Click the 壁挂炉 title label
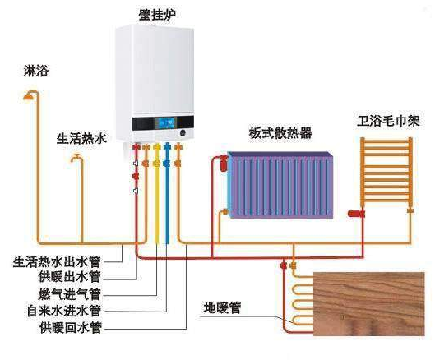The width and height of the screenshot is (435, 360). pyautogui.click(x=157, y=15)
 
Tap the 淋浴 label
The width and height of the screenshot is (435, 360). pyautogui.click(x=36, y=71)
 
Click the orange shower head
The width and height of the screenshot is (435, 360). pyautogui.click(x=28, y=96)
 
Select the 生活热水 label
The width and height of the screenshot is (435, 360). pyautogui.click(x=81, y=138)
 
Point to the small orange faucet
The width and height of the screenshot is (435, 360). pyautogui.click(x=76, y=158)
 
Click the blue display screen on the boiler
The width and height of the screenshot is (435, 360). pyautogui.click(x=166, y=122)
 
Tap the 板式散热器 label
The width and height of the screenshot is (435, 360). pyautogui.click(x=280, y=133)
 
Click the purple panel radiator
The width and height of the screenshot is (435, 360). pyautogui.click(x=280, y=185)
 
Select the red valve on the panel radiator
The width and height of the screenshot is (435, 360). pyautogui.click(x=224, y=164)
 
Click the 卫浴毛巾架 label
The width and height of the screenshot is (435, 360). pyautogui.click(x=388, y=121)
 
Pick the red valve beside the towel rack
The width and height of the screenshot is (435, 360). pyautogui.click(x=356, y=214)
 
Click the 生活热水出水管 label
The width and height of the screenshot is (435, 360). pyautogui.click(x=57, y=261)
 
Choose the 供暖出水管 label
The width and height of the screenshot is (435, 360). pyautogui.click(x=69, y=277)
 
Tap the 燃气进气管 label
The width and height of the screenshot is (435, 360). pyautogui.click(x=69, y=294)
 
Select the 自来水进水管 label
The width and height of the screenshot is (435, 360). pyautogui.click(x=64, y=311)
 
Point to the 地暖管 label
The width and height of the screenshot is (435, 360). pyautogui.click(x=222, y=307)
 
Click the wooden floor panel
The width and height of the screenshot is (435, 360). pyautogui.click(x=369, y=304)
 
